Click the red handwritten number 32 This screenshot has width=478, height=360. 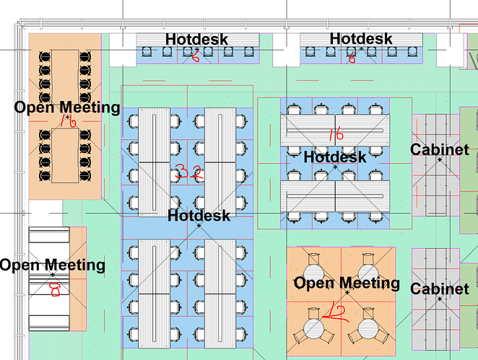186,172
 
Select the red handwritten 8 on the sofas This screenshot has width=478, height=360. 54,289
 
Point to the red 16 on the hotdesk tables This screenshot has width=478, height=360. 335,134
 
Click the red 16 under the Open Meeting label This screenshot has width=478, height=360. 68,123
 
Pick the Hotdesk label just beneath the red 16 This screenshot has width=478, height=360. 335,156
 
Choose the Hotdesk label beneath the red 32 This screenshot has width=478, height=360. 199,215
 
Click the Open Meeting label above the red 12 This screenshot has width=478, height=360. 347,283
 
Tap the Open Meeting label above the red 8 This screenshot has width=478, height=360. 52,265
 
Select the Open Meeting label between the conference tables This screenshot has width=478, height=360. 67,107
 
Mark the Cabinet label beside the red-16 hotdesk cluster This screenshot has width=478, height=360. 440,150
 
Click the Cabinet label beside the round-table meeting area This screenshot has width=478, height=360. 440,289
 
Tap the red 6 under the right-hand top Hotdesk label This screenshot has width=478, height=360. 352,56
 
